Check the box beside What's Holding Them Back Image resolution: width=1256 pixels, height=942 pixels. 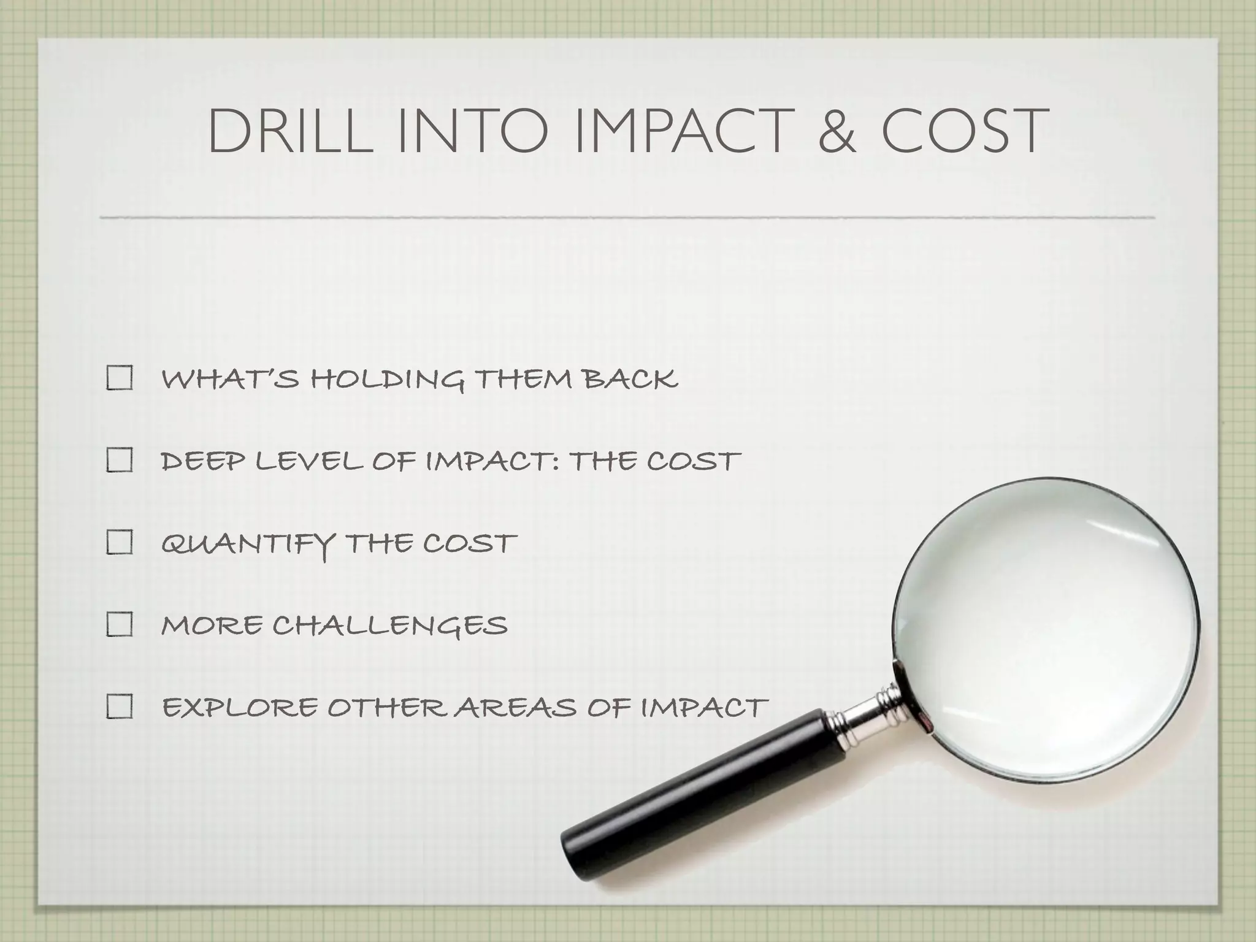(120, 378)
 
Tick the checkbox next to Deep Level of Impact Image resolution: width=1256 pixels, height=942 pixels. (120, 460)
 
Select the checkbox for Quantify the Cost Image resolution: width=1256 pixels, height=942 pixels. (120, 543)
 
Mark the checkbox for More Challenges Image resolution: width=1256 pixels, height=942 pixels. (120, 625)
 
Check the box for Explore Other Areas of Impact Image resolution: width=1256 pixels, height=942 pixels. (120, 707)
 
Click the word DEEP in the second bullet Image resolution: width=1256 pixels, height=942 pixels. (202, 461)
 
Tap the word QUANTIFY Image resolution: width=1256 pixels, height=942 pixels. (248, 544)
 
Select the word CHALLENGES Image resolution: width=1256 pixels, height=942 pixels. (390, 626)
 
